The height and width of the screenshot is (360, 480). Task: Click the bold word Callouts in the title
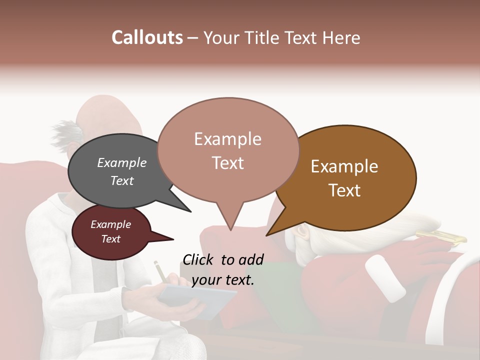147,37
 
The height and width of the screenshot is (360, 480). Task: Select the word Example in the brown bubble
344,166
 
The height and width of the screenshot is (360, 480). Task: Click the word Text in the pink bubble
228,163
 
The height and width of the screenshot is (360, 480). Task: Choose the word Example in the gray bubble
122,162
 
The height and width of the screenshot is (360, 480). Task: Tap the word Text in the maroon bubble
111,239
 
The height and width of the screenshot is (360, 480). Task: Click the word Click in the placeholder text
199,259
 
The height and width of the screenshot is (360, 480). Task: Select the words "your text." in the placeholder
223,279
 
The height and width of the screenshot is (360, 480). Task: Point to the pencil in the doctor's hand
160,272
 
